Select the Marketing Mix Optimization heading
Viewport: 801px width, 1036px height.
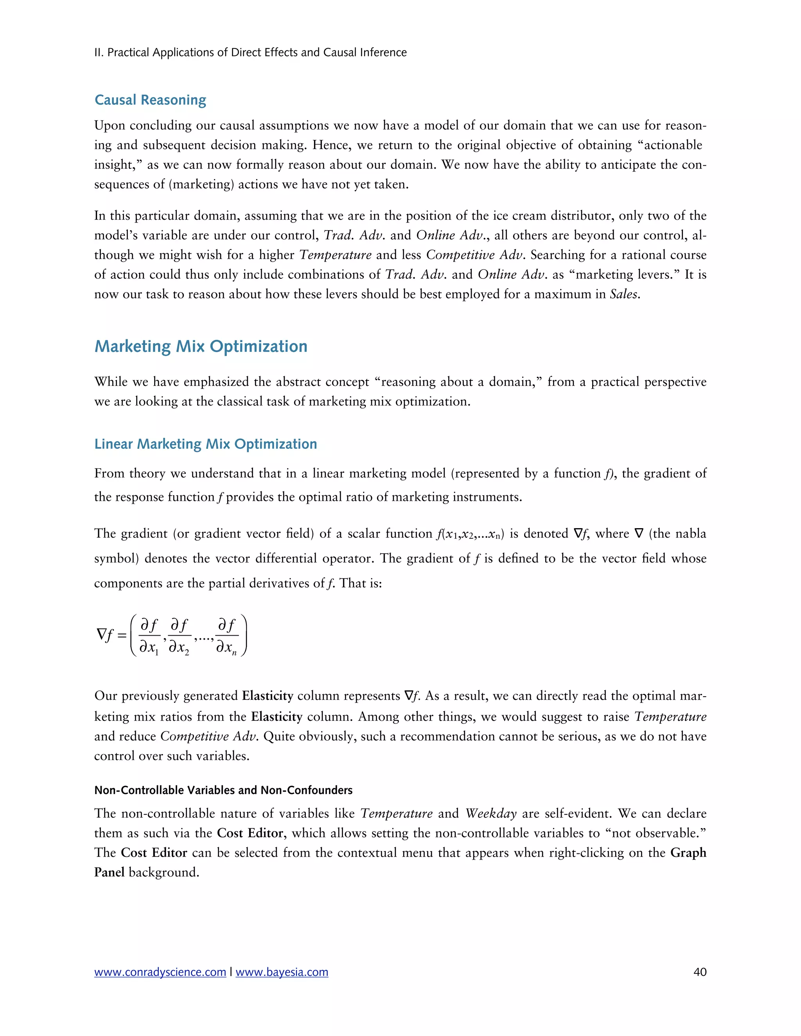click(201, 346)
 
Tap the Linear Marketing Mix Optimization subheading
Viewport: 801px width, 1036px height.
click(205, 444)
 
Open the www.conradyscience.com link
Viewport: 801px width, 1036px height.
click(160, 972)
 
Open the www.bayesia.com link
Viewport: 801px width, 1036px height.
click(282, 972)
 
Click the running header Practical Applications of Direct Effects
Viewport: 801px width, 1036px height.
click(251, 52)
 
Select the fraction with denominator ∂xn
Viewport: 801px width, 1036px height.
click(227, 636)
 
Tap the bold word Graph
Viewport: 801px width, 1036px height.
click(688, 853)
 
